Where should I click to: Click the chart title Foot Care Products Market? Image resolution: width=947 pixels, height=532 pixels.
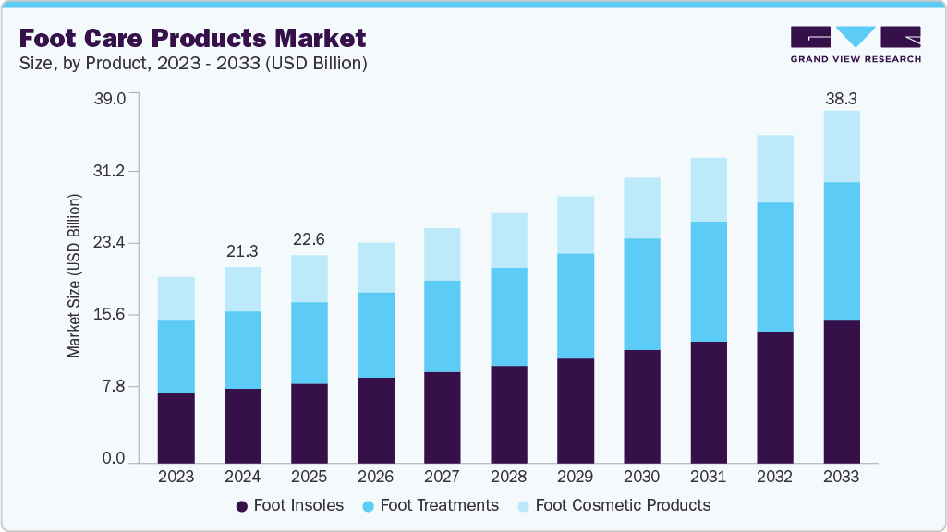click(192, 38)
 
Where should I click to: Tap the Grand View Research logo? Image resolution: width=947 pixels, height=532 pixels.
click(855, 44)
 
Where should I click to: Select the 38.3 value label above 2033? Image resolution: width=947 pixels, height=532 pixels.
click(842, 99)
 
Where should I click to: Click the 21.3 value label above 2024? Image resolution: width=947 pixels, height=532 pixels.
click(242, 251)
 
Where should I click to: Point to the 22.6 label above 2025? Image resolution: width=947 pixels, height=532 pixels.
click(309, 239)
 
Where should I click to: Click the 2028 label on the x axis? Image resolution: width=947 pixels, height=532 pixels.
click(508, 477)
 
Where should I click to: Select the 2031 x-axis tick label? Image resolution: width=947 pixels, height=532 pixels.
click(708, 477)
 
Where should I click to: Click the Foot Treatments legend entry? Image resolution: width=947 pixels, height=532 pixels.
click(430, 505)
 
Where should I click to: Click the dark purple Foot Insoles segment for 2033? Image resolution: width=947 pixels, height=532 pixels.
click(842, 392)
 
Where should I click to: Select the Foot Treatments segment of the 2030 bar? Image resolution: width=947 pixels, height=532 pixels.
click(642, 294)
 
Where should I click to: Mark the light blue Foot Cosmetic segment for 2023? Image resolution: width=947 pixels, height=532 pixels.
click(176, 298)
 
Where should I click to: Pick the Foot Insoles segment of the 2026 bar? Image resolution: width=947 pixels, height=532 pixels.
click(375, 420)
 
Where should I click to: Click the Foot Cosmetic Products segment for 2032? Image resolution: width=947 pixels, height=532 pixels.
click(775, 168)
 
